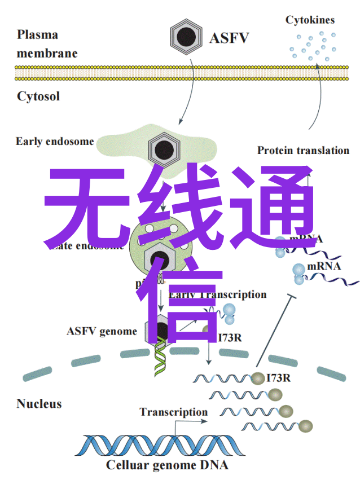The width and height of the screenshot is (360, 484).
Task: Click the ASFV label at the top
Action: click(229, 38)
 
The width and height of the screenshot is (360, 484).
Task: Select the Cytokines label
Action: click(309, 20)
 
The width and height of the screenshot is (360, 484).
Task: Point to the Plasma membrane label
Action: click(46, 44)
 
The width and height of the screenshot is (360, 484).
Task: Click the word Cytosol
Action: click(38, 96)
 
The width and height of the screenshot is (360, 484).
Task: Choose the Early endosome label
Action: click(55, 142)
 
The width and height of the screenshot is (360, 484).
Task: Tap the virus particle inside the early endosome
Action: click(164, 149)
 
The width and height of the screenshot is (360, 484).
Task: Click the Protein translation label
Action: click(303, 150)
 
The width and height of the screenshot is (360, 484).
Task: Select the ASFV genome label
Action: click(102, 331)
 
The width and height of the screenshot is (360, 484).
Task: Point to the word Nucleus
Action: click(39, 403)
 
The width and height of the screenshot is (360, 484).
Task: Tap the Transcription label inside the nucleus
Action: click(174, 412)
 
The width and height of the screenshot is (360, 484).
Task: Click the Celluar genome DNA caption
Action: click(167, 465)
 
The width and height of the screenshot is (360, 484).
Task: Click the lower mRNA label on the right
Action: click(324, 266)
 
